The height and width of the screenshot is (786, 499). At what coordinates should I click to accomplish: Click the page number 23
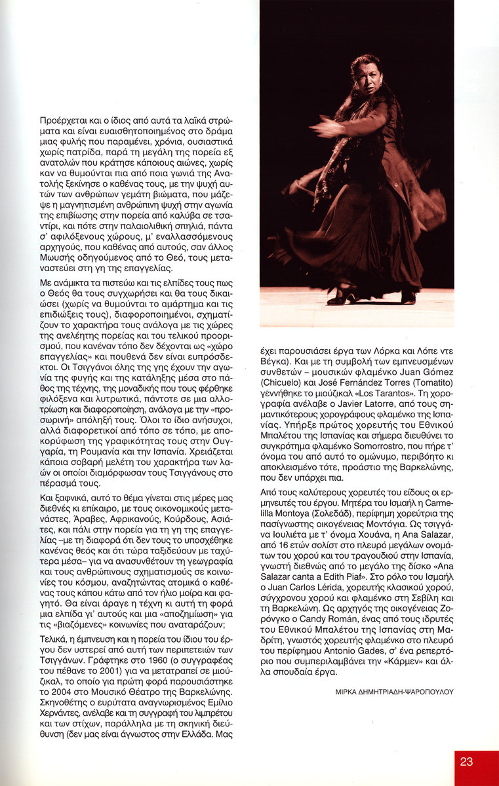pos(466,761)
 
